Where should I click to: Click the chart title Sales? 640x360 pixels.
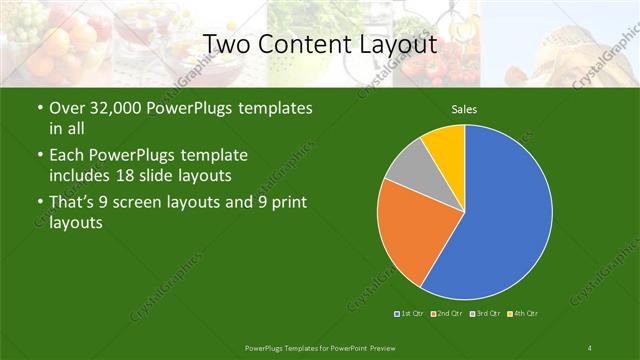tap(464, 109)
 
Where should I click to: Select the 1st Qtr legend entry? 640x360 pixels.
tap(409, 314)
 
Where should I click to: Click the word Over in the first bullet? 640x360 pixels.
tap(67, 108)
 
